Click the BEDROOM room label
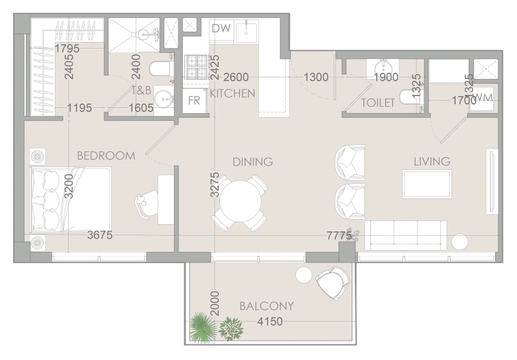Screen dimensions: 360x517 (x=106, y=156)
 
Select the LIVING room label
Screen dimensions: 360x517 (x=432, y=162)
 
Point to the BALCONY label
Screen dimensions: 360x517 (x=266, y=306)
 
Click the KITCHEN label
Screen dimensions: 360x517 (x=232, y=94)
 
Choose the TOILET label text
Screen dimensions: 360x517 (x=378, y=103)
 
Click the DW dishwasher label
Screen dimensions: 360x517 (x=220, y=28)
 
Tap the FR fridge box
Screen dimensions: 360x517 (x=194, y=100)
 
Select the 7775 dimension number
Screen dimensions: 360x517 (x=339, y=236)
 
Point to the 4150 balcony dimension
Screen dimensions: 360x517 (x=269, y=321)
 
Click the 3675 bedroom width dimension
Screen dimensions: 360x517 (x=100, y=236)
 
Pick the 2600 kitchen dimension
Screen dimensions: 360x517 (x=237, y=78)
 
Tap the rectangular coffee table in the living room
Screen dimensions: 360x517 (x=427, y=184)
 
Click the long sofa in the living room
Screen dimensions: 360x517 (x=406, y=234)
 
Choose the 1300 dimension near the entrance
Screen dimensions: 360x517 (x=315, y=78)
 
